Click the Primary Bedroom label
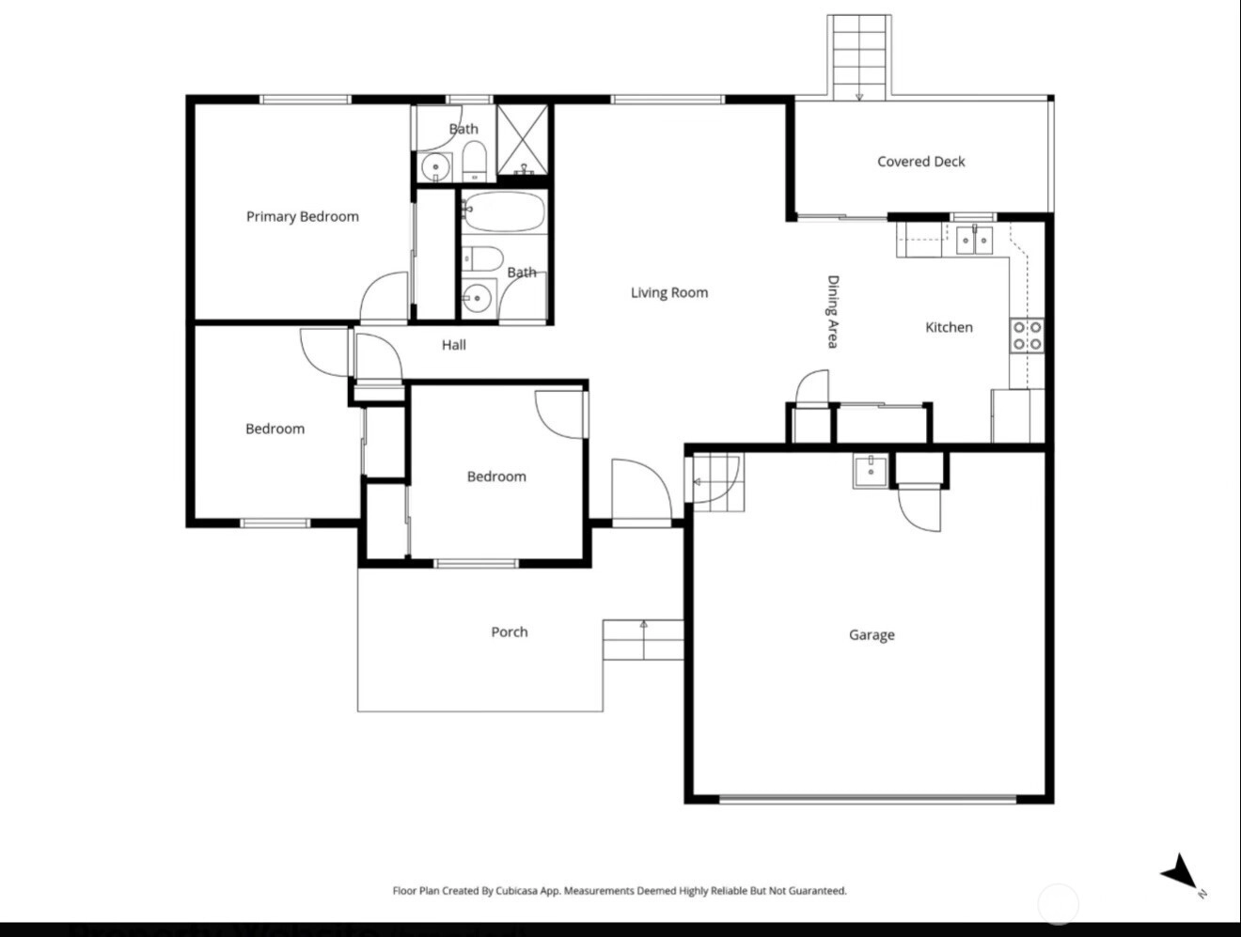click(303, 216)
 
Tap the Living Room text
click(669, 292)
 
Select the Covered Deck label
click(921, 162)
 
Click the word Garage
click(872, 635)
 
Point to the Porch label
click(510, 632)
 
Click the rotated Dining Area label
click(833, 312)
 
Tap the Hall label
click(454, 345)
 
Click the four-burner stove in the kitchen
click(1028, 336)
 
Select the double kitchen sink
click(974, 241)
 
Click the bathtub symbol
click(504, 211)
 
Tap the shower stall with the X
click(523, 140)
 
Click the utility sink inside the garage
click(871, 471)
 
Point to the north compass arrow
click(1181, 873)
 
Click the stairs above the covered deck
click(859, 57)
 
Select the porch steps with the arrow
click(643, 640)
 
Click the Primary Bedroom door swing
click(384, 296)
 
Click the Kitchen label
click(950, 327)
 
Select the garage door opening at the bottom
click(868, 799)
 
